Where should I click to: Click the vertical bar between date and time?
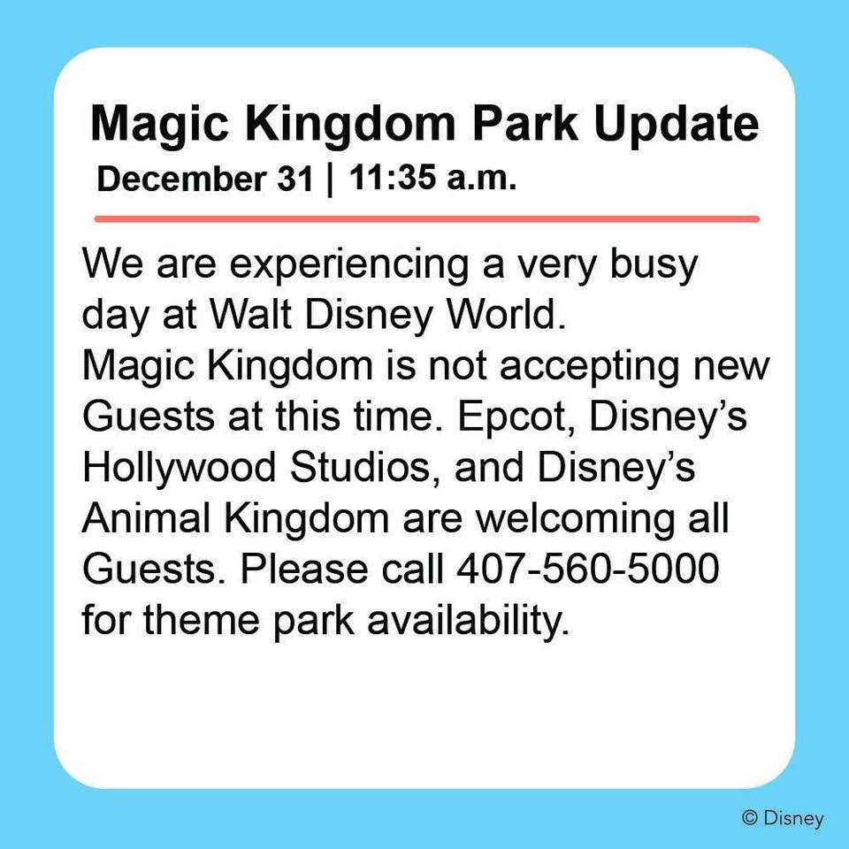pyautogui.click(x=331, y=180)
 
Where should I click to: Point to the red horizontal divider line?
pyautogui.click(x=425, y=218)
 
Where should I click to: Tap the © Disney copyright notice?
pyautogui.click(x=782, y=818)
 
